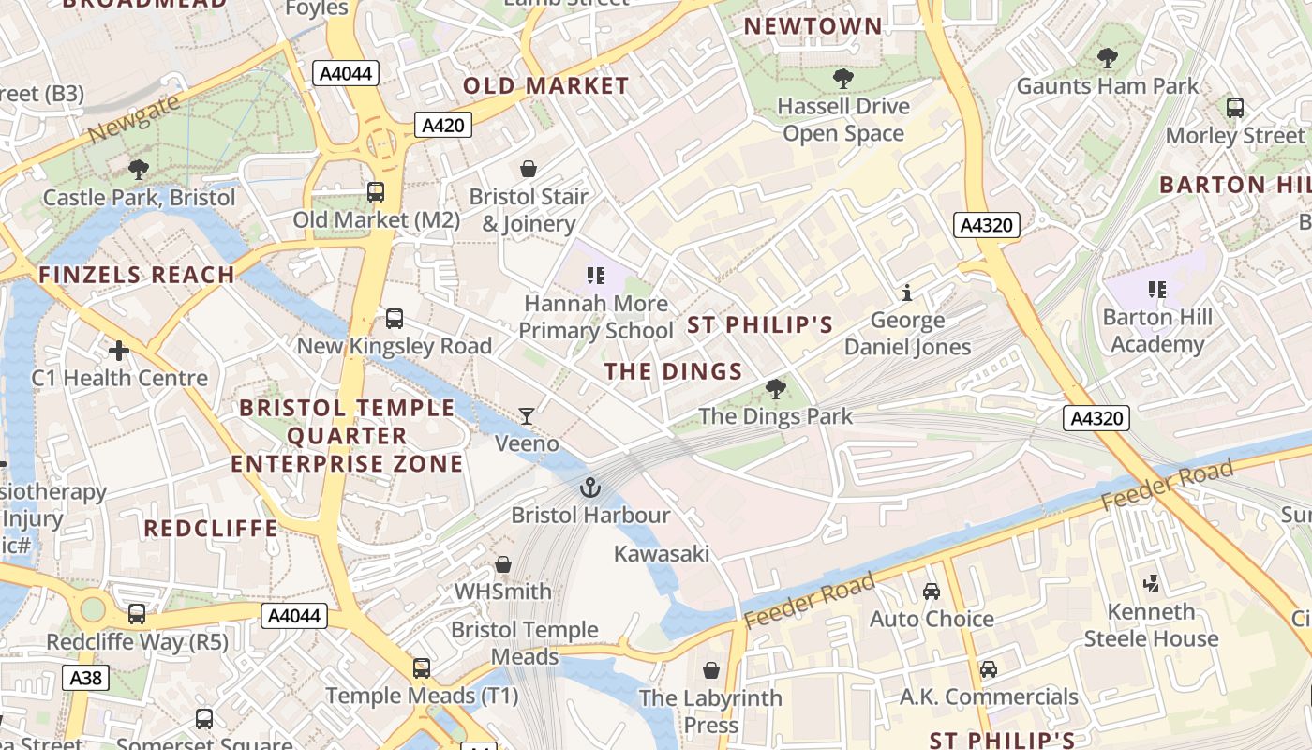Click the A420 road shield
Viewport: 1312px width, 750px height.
pyautogui.click(x=443, y=126)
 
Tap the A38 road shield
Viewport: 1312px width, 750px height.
pyautogui.click(x=86, y=678)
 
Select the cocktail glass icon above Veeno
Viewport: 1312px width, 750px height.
pyautogui.click(x=528, y=415)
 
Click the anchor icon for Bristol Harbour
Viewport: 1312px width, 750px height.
pyautogui.click(x=589, y=487)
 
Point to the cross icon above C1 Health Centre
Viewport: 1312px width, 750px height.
pyautogui.click(x=119, y=352)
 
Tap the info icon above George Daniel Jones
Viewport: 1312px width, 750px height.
pyautogui.click(x=906, y=293)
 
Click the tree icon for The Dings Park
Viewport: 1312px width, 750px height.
pyautogui.click(x=775, y=388)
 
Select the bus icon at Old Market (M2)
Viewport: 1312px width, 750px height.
pyautogui.click(x=376, y=192)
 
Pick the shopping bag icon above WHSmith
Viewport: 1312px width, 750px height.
pyautogui.click(x=503, y=564)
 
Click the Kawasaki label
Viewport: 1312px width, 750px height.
pyautogui.click(x=662, y=554)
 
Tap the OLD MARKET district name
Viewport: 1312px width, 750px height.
pyautogui.click(x=546, y=86)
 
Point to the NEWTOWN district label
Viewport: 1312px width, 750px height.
pyautogui.click(x=813, y=26)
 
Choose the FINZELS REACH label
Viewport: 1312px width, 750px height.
pyautogui.click(x=137, y=275)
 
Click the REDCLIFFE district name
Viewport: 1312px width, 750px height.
pyautogui.click(x=211, y=529)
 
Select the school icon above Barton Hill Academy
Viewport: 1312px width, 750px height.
pyautogui.click(x=1157, y=290)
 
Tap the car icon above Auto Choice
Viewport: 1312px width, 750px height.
pyautogui.click(x=932, y=592)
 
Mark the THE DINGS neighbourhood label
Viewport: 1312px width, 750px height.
pyautogui.click(x=673, y=371)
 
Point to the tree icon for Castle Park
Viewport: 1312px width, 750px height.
pyautogui.click(x=139, y=170)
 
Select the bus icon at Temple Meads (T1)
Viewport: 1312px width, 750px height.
pyautogui.click(x=422, y=668)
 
